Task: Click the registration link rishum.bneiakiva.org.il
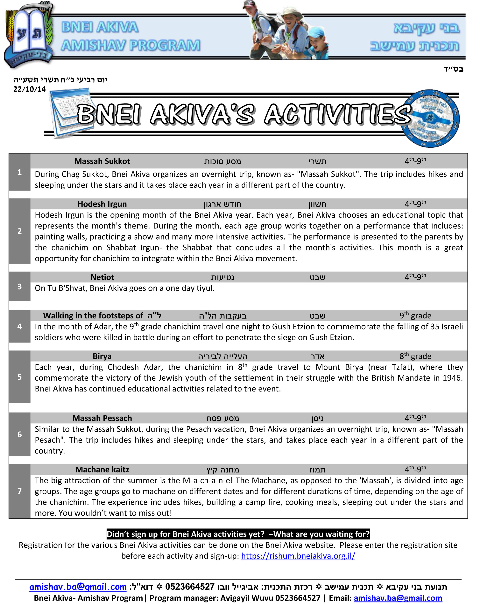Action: [298, 556]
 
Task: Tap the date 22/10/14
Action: [29, 89]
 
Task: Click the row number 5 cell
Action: [19, 377]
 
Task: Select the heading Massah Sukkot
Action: [102, 161]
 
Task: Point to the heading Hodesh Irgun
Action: [102, 204]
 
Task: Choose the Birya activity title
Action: [102, 356]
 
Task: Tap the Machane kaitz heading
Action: [102, 470]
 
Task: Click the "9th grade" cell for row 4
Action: [415, 316]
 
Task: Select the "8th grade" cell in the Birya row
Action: [415, 356]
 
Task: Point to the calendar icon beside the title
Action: [69, 112]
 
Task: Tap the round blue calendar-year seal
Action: [431, 118]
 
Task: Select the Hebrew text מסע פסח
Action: [222, 418]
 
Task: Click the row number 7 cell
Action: [19, 491]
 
